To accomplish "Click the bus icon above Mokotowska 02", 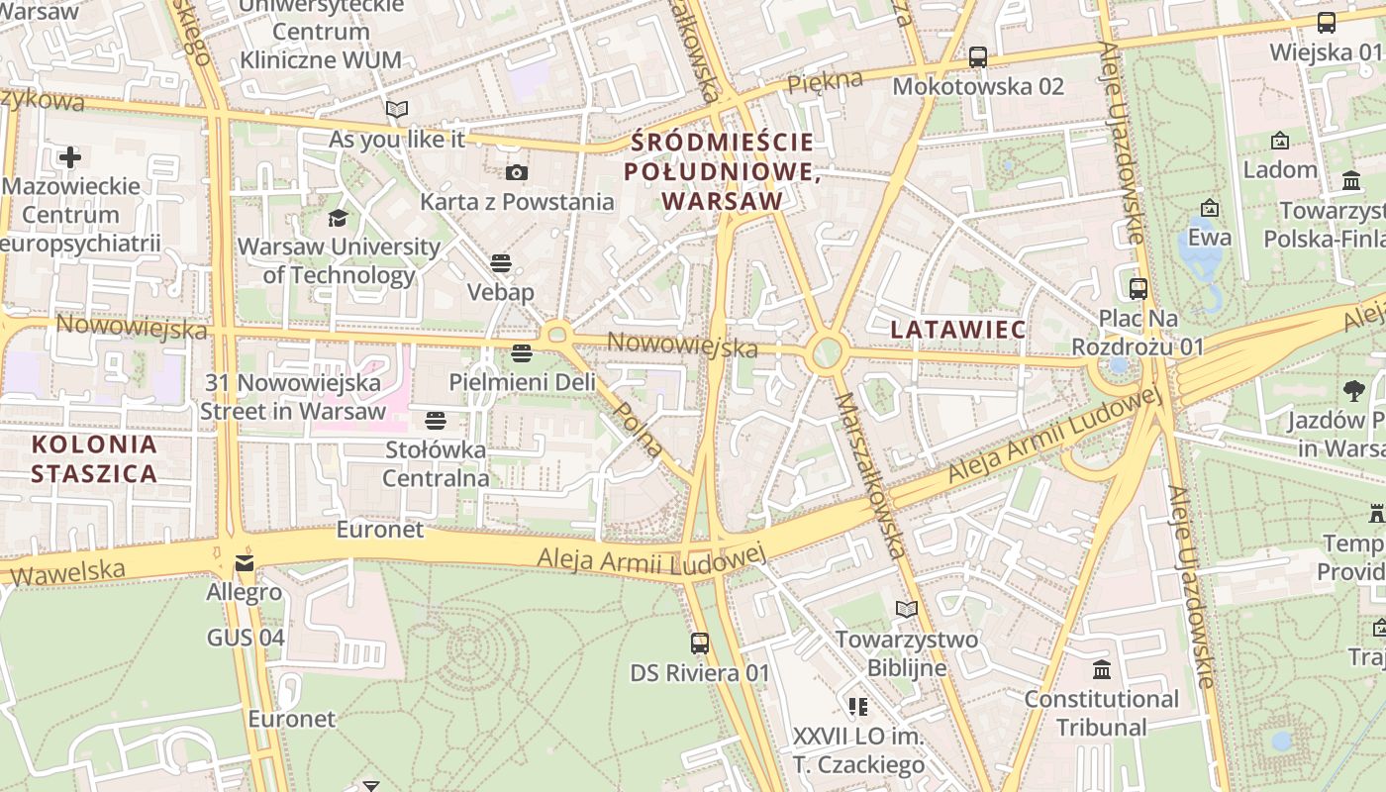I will [x=978, y=56].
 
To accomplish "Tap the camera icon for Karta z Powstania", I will [x=516, y=173].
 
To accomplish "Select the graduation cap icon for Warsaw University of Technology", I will [x=339, y=218].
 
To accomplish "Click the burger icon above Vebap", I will [x=501, y=263].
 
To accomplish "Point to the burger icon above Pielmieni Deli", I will [x=522, y=353].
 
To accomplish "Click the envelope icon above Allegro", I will [x=244, y=564].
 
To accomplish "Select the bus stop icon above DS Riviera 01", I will [x=700, y=643].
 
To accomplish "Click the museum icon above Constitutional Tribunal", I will [x=1102, y=670].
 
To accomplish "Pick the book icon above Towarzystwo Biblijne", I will [x=907, y=610].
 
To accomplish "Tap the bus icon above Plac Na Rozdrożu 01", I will [x=1138, y=289].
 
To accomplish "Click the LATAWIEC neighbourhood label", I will [x=957, y=330].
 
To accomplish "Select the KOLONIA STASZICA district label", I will [x=94, y=458].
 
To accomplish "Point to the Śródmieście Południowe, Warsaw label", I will [x=722, y=171].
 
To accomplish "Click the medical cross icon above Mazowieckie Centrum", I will [x=70, y=157].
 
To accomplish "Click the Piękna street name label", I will [x=825, y=82].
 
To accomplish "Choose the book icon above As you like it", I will [x=397, y=110].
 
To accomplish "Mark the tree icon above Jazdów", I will [x=1354, y=391].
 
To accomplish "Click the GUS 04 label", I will [x=246, y=638].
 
